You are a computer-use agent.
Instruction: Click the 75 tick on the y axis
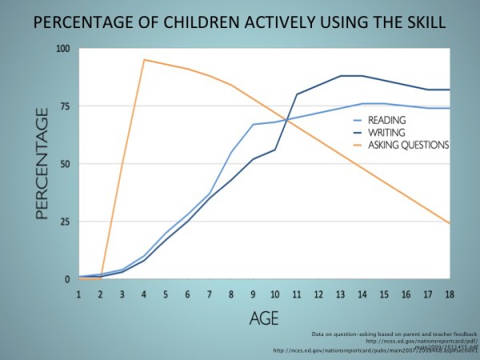click(x=65, y=106)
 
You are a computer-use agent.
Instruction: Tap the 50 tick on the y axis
click(x=65, y=164)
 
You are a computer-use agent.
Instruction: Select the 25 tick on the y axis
click(x=65, y=222)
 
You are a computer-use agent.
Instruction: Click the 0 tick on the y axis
click(x=67, y=279)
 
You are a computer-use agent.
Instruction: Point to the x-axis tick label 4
click(x=144, y=295)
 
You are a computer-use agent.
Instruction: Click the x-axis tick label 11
click(x=298, y=295)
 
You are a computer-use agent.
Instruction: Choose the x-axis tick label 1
click(x=78, y=295)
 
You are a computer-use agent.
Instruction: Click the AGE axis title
click(x=263, y=318)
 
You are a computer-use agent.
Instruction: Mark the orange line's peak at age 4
click(x=144, y=60)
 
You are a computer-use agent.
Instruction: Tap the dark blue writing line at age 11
click(x=298, y=94)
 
